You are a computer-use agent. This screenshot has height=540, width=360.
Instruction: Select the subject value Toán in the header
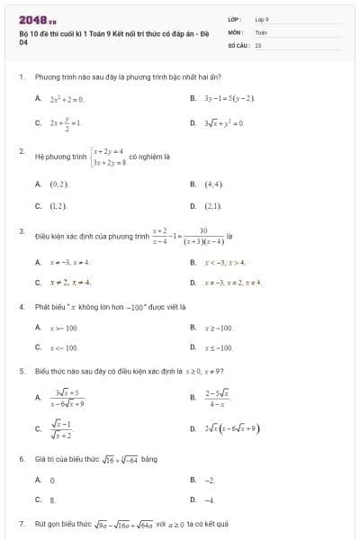coord(261,31)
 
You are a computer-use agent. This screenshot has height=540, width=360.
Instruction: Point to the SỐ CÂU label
coord(238,43)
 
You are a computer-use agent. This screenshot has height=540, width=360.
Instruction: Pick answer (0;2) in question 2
coord(59,184)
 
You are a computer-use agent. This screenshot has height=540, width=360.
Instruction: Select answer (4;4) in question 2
coord(213,184)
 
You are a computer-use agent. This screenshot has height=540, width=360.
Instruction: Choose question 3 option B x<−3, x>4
coord(226,262)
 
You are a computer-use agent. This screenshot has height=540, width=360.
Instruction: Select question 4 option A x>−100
coord(64,328)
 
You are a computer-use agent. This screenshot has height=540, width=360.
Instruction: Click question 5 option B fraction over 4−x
coord(216,397)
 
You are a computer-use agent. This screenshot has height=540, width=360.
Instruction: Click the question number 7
coord(21,523)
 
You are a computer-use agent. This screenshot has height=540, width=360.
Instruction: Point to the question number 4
coord(21,306)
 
